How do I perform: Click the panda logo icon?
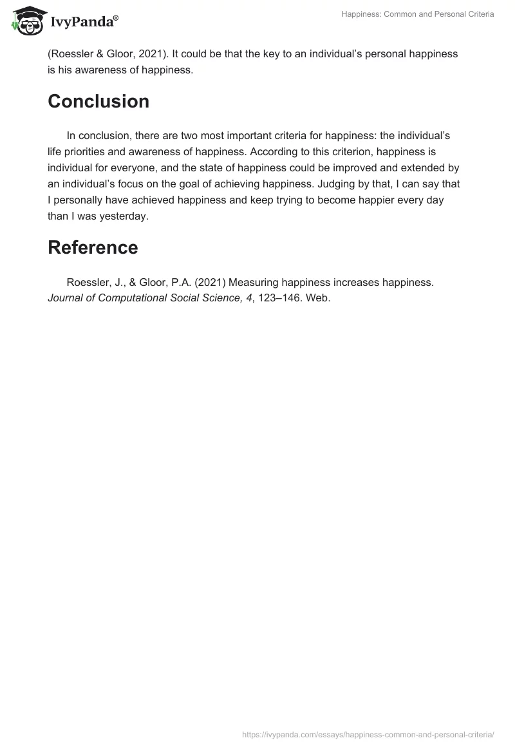pos(25,21)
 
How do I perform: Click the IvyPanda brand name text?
pos(84,23)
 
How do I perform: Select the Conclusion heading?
pos(98,101)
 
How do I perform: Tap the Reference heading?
pos(93,247)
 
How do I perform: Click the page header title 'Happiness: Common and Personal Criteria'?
pos(418,14)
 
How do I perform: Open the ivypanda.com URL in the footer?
pos(368,733)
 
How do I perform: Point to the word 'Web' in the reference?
pos(318,298)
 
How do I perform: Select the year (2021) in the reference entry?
pos(210,283)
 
